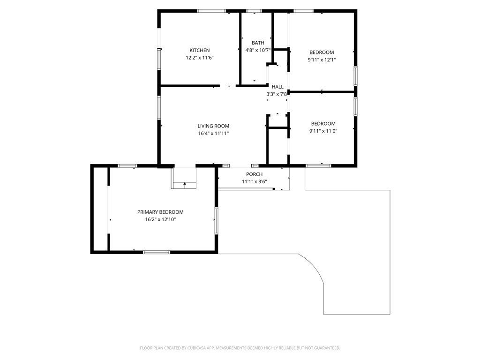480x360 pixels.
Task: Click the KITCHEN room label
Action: click(x=200, y=50)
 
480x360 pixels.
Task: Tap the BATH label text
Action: click(x=258, y=43)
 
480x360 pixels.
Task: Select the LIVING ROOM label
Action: click(x=213, y=126)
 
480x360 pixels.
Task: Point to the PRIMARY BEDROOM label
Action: click(x=160, y=212)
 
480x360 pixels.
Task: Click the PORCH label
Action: click(x=254, y=174)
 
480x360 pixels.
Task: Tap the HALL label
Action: click(x=277, y=87)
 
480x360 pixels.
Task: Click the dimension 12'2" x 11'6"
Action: click(x=200, y=58)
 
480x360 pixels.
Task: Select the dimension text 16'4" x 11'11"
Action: click(x=213, y=133)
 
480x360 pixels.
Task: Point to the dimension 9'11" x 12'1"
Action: click(x=322, y=60)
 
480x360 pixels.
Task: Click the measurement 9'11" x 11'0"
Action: click(x=323, y=131)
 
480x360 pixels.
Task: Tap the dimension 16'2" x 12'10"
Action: click(x=160, y=219)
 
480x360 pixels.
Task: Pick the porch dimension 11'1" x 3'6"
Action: click(x=254, y=181)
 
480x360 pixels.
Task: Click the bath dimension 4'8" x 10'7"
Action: click(x=258, y=50)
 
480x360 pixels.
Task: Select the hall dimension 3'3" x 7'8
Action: click(x=277, y=94)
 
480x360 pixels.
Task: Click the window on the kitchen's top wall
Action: click(x=211, y=11)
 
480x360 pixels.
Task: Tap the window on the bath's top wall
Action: click(x=254, y=11)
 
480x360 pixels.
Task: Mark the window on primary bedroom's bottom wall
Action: click(x=157, y=252)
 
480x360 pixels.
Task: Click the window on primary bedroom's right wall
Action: click(x=216, y=221)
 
